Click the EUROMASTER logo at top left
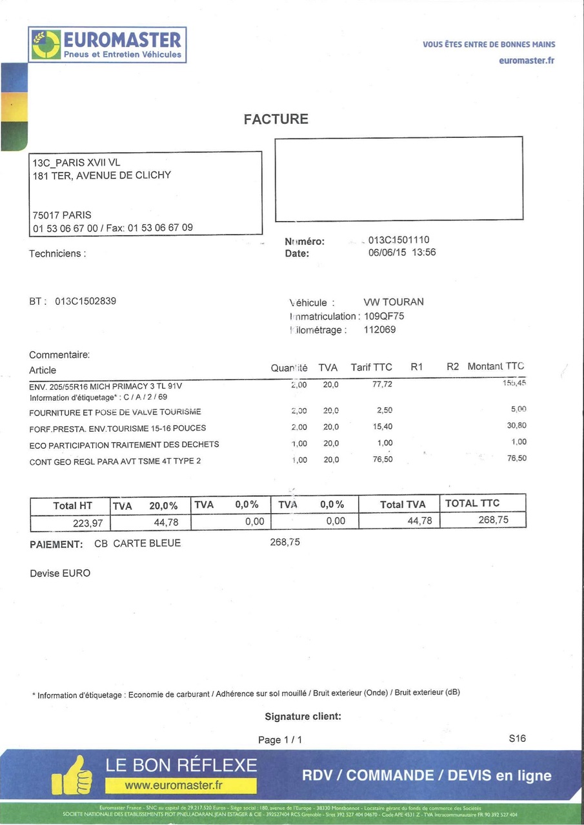[x=107, y=44]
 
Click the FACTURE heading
[x=276, y=119]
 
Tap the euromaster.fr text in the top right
[x=527, y=61]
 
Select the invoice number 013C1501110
[x=398, y=240]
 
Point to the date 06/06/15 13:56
[x=401, y=253]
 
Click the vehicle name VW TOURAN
[x=394, y=302]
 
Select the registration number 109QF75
[x=384, y=316]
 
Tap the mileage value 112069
[x=380, y=330]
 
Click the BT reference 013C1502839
[x=85, y=301]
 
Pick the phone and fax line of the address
[x=113, y=228]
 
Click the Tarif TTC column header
[x=371, y=367]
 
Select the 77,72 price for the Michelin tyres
[x=382, y=385]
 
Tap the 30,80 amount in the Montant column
[x=517, y=425]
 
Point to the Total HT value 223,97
[x=88, y=523]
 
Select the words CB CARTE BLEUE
[x=137, y=543]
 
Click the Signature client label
[x=303, y=717]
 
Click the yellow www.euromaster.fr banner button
[x=181, y=786]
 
